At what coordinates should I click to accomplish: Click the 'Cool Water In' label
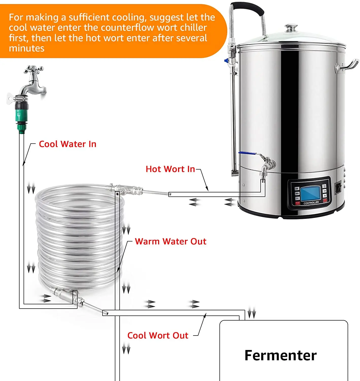pyautogui.click(x=67, y=144)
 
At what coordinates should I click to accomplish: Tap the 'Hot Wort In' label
pyautogui.click(x=170, y=169)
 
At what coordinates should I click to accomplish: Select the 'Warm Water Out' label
pyautogui.click(x=170, y=241)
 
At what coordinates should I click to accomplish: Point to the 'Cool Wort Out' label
pyautogui.click(x=158, y=336)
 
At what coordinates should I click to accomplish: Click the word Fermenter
pyautogui.click(x=280, y=355)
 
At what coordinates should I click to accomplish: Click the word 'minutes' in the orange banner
pyautogui.click(x=27, y=48)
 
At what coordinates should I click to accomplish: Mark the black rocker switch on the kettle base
pyautogui.click(x=338, y=188)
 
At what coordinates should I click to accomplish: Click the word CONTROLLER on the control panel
pyautogui.click(x=311, y=203)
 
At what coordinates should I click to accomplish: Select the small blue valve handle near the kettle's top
pyautogui.click(x=226, y=61)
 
